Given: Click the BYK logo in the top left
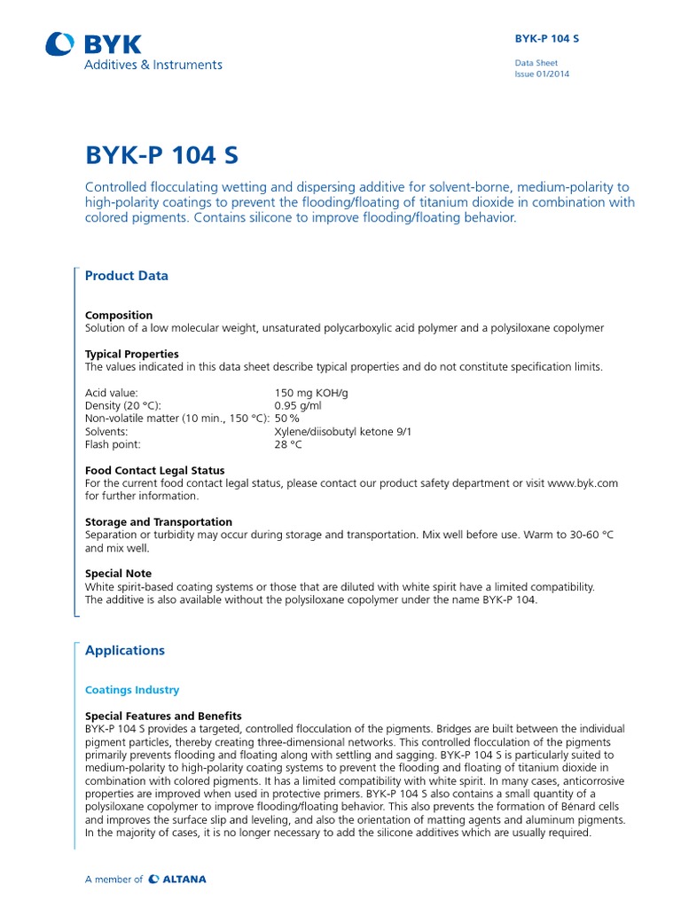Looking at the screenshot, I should click(x=93, y=43).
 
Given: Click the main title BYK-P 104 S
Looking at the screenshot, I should click(x=161, y=155).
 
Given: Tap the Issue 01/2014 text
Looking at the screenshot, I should click(x=542, y=74).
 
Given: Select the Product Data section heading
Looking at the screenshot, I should click(x=126, y=276).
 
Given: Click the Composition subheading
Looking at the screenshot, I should click(x=119, y=315).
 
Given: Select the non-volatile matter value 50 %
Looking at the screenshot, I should click(x=286, y=419).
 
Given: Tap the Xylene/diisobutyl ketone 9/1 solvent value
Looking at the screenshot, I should click(x=343, y=432).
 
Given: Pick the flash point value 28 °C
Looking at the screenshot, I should click(x=288, y=444).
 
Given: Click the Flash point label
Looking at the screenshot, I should click(x=113, y=444).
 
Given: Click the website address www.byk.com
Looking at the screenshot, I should click(x=583, y=483).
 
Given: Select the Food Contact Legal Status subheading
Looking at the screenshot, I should click(x=154, y=470).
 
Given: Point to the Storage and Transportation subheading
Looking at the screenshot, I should click(x=159, y=522).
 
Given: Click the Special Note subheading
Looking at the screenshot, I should click(x=118, y=574).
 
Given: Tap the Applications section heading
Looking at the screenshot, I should click(x=125, y=650).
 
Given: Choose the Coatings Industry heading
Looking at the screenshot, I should click(x=132, y=690).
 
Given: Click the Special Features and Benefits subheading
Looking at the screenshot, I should click(x=163, y=716).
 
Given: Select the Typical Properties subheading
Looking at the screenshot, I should click(x=131, y=354).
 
